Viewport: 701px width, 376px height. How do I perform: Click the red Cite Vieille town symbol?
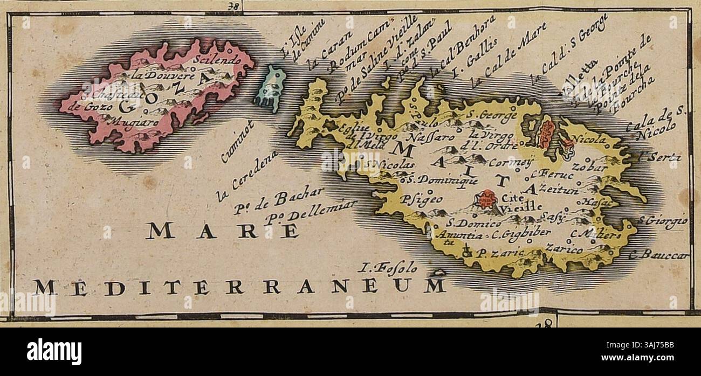pos(487,199)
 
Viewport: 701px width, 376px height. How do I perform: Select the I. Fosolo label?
pos(386,266)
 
